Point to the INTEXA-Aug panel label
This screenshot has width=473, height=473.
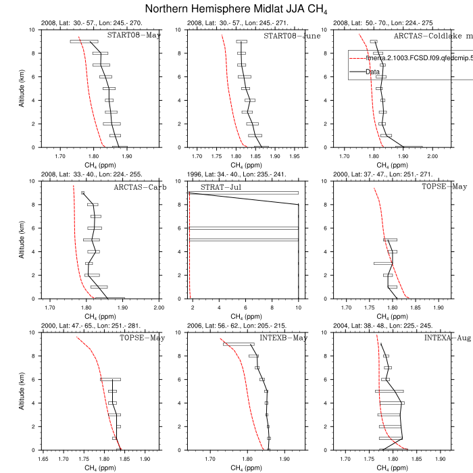[428, 338]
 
